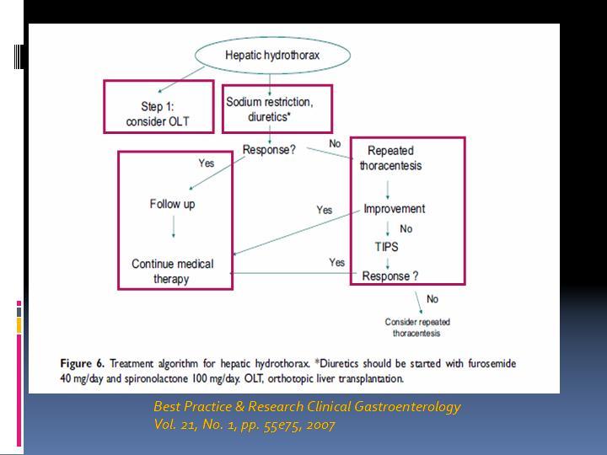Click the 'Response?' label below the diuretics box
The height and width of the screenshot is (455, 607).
(269, 150)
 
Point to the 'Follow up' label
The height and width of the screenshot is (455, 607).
(172, 204)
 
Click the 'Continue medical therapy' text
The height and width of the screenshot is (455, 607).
(172, 271)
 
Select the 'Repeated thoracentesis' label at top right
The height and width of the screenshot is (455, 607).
(390, 158)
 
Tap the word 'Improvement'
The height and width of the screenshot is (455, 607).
(394, 209)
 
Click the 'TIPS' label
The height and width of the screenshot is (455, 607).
(386, 246)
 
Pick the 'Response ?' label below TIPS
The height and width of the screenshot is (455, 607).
(390, 276)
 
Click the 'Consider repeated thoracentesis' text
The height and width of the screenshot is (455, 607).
(417, 327)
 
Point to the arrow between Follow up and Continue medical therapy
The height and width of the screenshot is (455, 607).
(174, 227)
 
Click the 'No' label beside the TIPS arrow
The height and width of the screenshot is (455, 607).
(406, 228)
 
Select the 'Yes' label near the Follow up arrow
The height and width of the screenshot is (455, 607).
(207, 163)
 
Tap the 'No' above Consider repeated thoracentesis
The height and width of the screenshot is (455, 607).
(432, 298)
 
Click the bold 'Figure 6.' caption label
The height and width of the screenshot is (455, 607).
(82, 363)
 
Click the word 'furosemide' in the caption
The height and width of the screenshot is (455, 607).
(492, 363)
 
